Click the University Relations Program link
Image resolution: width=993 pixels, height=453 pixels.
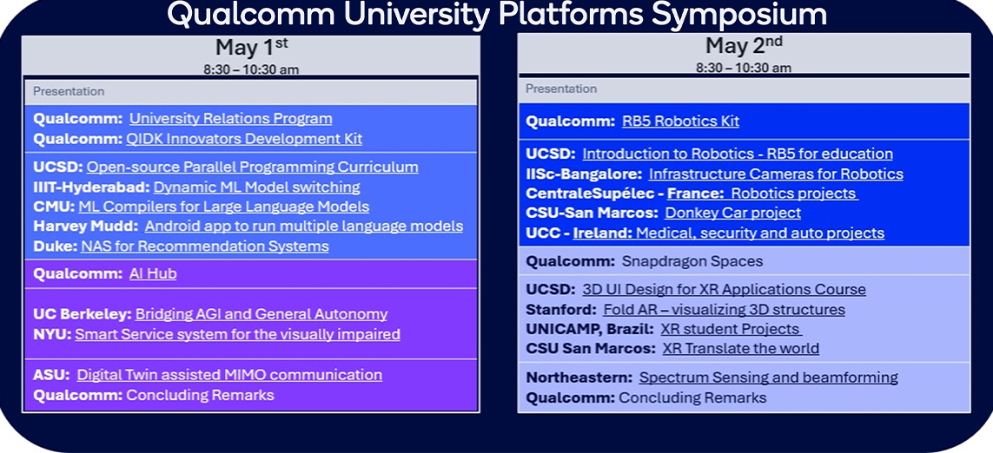[230, 119]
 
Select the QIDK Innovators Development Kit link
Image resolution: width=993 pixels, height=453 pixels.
[245, 139]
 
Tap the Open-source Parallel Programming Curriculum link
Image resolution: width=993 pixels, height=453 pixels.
[252, 167]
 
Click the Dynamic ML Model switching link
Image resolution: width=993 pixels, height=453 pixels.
[256, 187]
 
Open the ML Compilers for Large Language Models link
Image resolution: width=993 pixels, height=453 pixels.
[223, 207]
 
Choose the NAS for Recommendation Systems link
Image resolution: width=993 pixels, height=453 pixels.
[205, 246]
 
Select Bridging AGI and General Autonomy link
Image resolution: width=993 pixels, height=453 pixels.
[261, 314]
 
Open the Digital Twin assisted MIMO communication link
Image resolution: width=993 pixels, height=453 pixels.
[229, 375]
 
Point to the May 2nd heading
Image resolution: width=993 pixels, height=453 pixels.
[744, 45]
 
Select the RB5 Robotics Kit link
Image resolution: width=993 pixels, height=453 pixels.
[680, 121]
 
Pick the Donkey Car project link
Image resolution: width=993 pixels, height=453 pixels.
[732, 213]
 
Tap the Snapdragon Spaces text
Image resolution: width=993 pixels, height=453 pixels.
[692, 261]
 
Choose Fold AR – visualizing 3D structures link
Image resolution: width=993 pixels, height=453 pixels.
[724, 310]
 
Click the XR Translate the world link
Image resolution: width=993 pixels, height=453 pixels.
[740, 349]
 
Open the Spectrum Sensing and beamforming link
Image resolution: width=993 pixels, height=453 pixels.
[768, 377]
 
